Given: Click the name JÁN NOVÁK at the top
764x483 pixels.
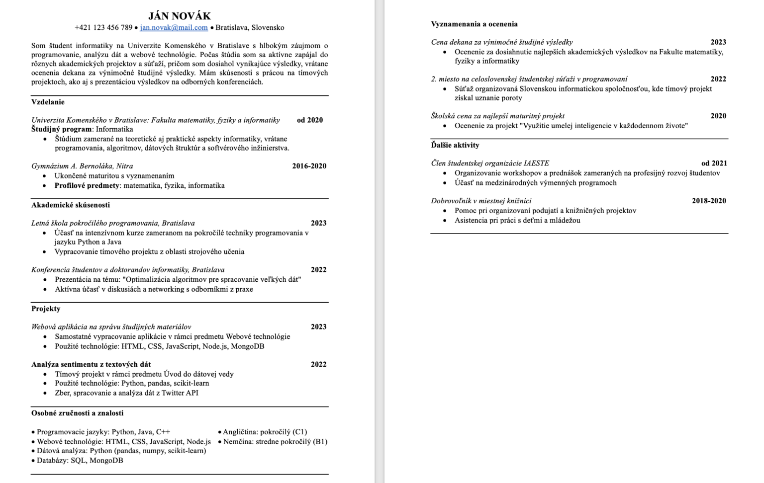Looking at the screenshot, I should pyautogui.click(x=180, y=16).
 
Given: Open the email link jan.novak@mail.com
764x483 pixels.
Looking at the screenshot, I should pyautogui.click(x=174, y=28).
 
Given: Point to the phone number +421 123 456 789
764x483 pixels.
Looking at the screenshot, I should pyautogui.click(x=103, y=28).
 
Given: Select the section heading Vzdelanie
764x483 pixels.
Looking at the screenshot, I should pyautogui.click(x=48, y=102).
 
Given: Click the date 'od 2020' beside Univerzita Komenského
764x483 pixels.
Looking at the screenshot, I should pyautogui.click(x=310, y=120).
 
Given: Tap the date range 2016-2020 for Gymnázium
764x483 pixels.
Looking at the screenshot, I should pyautogui.click(x=309, y=166).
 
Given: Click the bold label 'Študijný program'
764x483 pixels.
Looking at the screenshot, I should pyautogui.click(x=61, y=129).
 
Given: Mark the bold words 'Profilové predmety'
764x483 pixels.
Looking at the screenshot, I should pyautogui.click(x=87, y=185).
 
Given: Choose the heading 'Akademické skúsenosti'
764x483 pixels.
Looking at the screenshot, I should pyautogui.click(x=71, y=205).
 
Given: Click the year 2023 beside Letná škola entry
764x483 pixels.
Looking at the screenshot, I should pyautogui.click(x=318, y=223).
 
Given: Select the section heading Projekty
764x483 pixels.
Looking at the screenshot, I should pyautogui.click(x=46, y=309).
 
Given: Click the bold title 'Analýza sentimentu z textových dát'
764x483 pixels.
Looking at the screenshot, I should pyautogui.click(x=91, y=364).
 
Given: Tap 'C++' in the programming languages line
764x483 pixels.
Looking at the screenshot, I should pyautogui.click(x=163, y=432).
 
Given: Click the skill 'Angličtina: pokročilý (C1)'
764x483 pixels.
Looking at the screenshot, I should pyautogui.click(x=265, y=432).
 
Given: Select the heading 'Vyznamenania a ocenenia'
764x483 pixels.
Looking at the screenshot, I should pyautogui.click(x=474, y=24).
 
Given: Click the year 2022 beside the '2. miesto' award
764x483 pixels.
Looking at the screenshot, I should pyautogui.click(x=718, y=79).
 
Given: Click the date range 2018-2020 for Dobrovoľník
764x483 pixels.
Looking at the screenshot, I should pyautogui.click(x=708, y=201).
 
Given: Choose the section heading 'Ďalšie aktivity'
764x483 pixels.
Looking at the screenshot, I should pyautogui.click(x=455, y=145).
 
